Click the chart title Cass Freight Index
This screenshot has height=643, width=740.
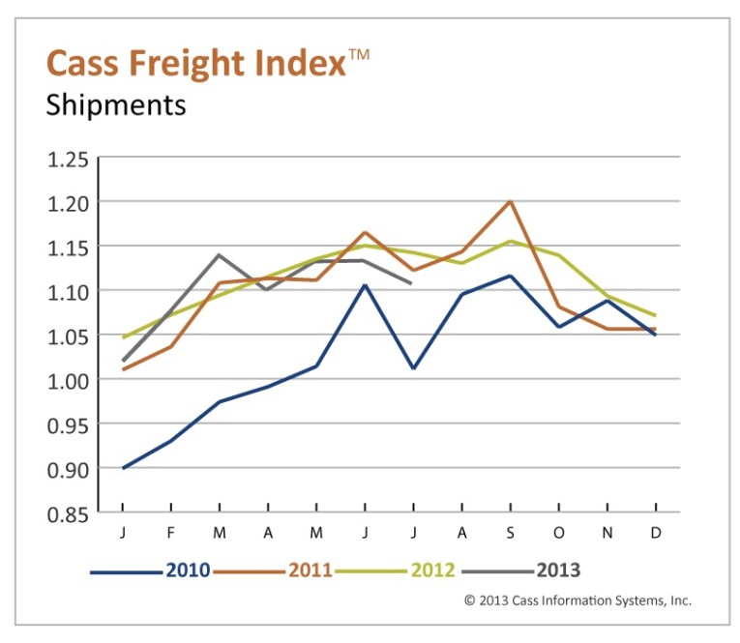[194, 64]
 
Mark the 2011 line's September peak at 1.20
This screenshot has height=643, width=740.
[510, 201]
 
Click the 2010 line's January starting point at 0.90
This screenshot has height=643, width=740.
[123, 468]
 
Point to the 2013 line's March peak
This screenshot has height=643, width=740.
[220, 254]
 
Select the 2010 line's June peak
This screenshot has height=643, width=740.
[365, 284]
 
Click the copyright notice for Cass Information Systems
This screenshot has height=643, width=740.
[577, 600]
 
